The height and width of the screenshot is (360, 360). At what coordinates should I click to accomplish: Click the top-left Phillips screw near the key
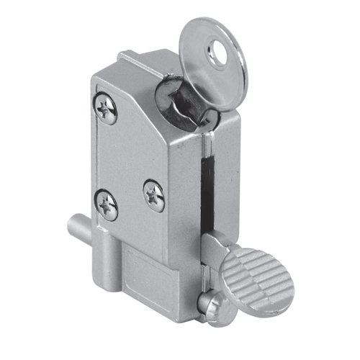click(x=107, y=109)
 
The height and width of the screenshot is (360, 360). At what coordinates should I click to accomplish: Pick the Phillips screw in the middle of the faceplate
click(x=153, y=194)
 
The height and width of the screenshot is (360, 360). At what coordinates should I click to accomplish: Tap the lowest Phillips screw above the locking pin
click(x=107, y=205)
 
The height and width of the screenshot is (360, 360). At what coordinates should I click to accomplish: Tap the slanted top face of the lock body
click(x=148, y=83)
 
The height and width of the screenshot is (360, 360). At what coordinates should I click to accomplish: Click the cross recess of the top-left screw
click(x=107, y=109)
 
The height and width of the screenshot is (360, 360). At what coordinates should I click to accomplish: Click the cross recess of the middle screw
click(x=153, y=194)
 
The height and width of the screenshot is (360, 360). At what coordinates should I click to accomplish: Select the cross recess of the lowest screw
click(x=107, y=205)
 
